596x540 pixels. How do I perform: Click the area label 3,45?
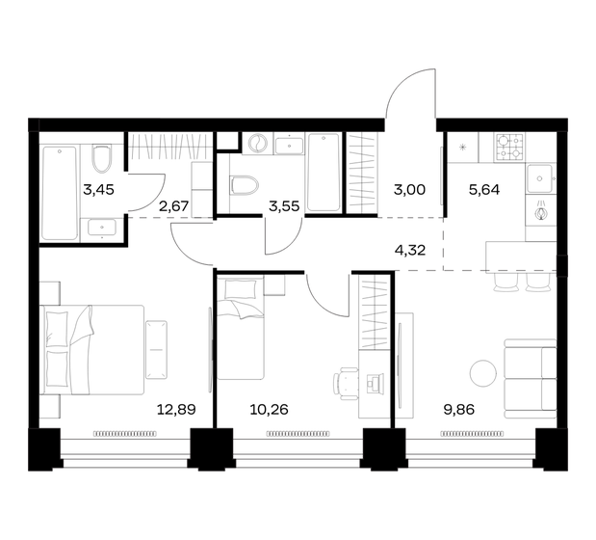98,189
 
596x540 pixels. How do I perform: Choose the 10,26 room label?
269,409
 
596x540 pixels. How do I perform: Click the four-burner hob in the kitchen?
508,147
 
